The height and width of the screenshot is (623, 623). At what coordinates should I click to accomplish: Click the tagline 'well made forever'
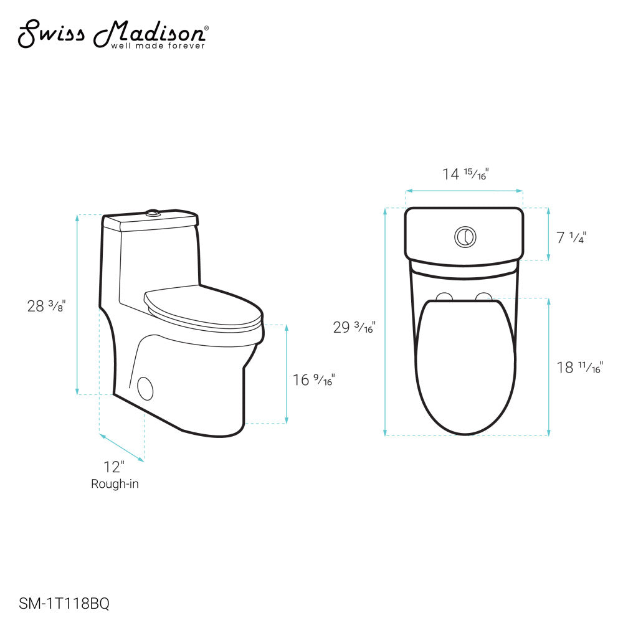(x=158, y=45)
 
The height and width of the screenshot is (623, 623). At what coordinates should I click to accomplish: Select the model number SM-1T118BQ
(x=65, y=603)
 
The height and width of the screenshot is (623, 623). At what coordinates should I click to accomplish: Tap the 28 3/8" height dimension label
(x=45, y=306)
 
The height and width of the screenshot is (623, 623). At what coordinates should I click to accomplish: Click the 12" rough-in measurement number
(x=115, y=467)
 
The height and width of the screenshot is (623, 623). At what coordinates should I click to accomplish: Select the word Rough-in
(x=115, y=483)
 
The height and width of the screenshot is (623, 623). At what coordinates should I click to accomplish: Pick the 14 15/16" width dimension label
(x=465, y=174)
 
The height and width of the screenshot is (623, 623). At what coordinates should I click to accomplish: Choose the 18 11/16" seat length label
(x=579, y=368)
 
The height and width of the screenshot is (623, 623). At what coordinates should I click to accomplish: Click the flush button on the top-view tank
(x=465, y=236)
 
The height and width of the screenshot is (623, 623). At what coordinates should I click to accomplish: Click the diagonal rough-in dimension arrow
(x=122, y=448)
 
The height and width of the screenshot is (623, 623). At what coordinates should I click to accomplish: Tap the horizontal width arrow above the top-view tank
(x=464, y=191)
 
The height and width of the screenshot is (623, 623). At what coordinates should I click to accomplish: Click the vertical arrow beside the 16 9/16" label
(x=286, y=374)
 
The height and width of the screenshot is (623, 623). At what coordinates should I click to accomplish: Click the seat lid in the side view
(x=199, y=305)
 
